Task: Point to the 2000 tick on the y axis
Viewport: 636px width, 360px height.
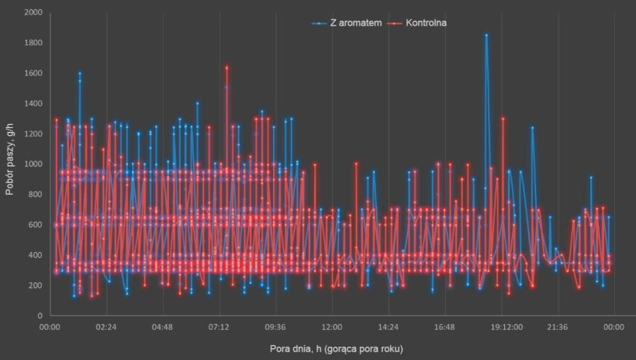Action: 33,12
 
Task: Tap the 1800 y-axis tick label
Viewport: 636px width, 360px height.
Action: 33,43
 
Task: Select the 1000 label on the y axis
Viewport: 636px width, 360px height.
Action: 33,164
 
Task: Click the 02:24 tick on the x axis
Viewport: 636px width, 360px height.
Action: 106,328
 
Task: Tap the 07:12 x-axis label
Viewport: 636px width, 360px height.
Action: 219,328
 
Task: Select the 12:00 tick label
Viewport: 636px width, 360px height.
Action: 332,328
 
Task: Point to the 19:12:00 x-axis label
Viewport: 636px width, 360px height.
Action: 502,328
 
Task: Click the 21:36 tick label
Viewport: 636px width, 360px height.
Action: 558,328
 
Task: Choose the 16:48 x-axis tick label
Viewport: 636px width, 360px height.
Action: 445,328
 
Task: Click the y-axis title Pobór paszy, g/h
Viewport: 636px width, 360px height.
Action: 11,164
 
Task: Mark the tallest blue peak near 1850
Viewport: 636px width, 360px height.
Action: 486,35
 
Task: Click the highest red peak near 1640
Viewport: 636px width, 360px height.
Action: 226,67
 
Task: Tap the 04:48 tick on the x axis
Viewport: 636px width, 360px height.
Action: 163,328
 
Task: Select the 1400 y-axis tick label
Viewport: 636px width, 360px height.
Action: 33,104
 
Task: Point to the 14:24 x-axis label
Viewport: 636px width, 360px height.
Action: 389,328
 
